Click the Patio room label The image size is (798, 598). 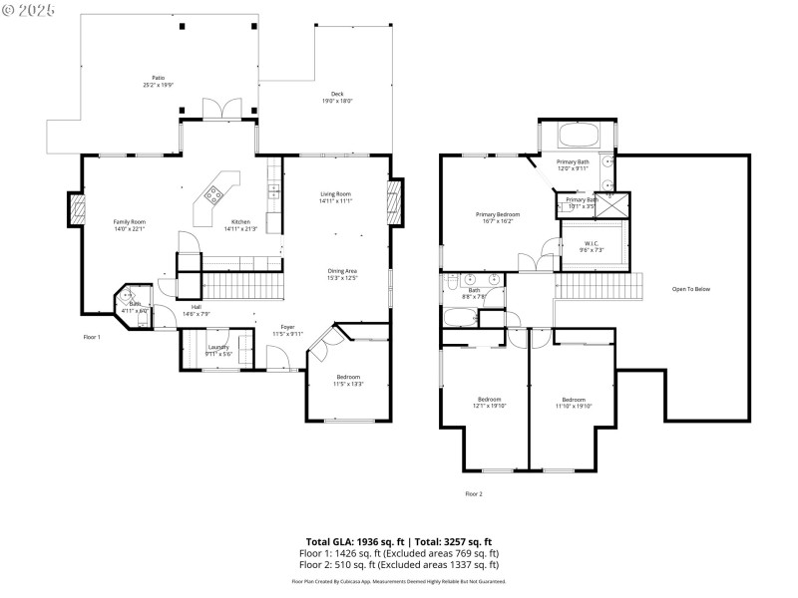158,78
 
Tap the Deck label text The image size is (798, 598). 337,94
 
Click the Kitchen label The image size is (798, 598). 240,221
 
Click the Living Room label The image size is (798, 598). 335,194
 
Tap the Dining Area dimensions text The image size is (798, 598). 343,277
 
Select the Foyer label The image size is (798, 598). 287,326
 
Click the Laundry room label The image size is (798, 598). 218,347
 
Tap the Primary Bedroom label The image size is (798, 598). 497,214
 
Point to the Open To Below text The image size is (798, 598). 690,289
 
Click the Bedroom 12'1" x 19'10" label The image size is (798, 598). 489,400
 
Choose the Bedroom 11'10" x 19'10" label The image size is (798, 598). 574,400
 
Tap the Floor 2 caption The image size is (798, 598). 474,493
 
